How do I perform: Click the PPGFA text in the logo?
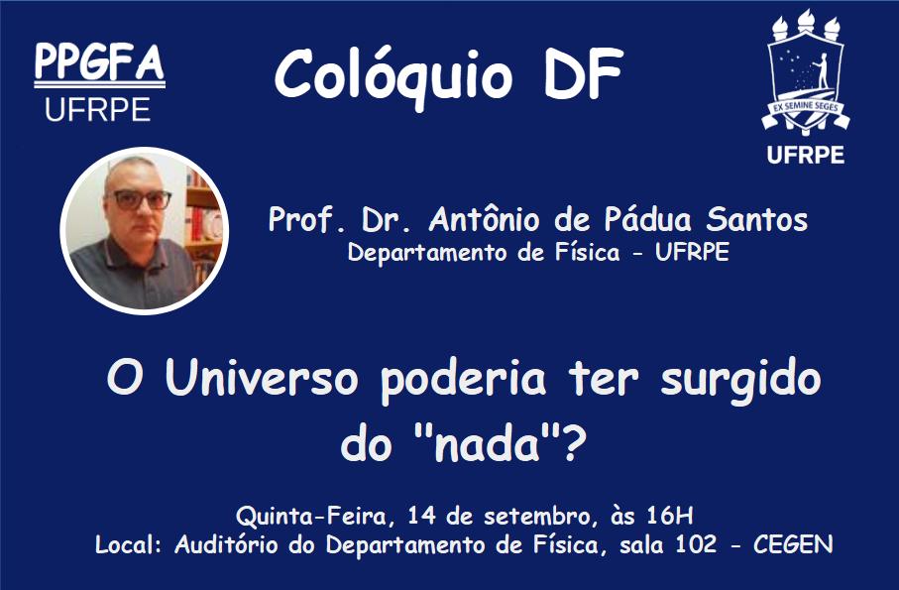pyautogui.click(x=99, y=62)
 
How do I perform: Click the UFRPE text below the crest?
pyautogui.click(x=805, y=155)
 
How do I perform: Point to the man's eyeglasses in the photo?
pyautogui.click(x=143, y=199)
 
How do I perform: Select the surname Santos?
pyautogui.click(x=753, y=220)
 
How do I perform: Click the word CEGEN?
pyautogui.click(x=793, y=544)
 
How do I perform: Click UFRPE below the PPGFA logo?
pyautogui.click(x=98, y=109)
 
